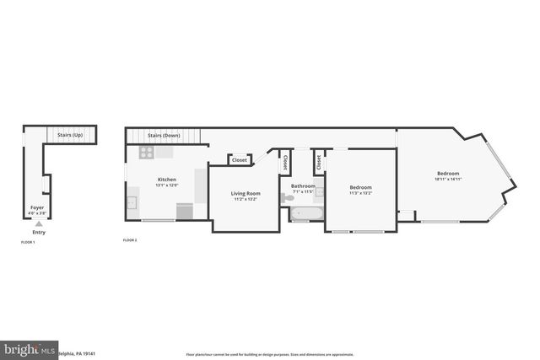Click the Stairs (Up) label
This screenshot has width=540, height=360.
pyautogui.click(x=69, y=135)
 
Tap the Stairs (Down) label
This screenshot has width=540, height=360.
pyautogui.click(x=164, y=135)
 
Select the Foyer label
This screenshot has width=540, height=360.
pyautogui.click(x=37, y=207)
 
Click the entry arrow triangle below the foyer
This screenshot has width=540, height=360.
pyautogui.click(x=38, y=223)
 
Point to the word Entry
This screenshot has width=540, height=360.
pyautogui.click(x=39, y=232)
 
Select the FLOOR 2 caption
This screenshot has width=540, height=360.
pyautogui.click(x=130, y=240)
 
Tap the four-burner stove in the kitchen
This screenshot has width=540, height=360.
pyautogui.click(x=146, y=153)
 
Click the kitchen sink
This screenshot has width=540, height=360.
pyautogui.click(x=132, y=203)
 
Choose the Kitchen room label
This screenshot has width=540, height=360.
pyautogui.click(x=167, y=180)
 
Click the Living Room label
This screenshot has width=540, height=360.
pyautogui.click(x=246, y=194)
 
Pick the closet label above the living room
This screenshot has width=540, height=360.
pyautogui.click(x=240, y=159)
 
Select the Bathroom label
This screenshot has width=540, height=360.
pyautogui.click(x=303, y=185)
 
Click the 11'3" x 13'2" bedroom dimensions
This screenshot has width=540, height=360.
pyautogui.click(x=361, y=193)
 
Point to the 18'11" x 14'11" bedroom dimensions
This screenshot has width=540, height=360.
pyautogui.click(x=448, y=179)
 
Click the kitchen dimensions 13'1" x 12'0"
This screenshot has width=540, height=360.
pyautogui.click(x=167, y=185)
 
